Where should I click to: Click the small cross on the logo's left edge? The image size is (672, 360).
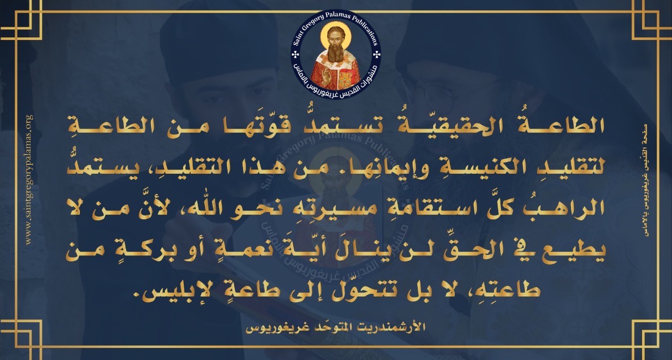click(x=296, y=55)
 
